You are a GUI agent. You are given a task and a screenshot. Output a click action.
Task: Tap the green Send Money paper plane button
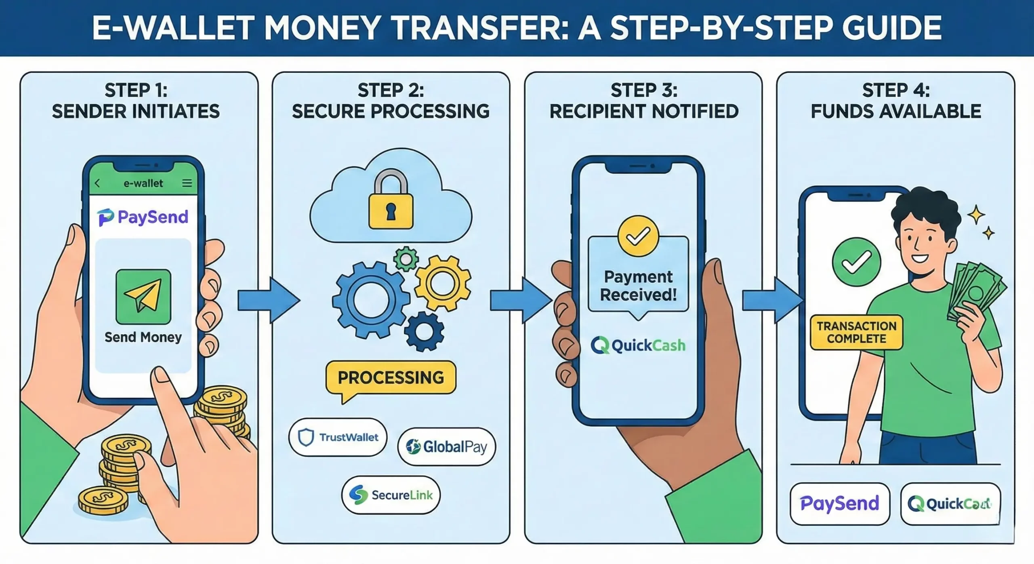point(143,297)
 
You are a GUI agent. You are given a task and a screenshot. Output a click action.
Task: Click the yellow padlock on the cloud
point(391,204)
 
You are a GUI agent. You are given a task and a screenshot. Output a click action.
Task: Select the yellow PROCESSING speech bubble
point(391,378)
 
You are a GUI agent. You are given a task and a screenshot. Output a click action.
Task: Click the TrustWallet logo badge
point(338,437)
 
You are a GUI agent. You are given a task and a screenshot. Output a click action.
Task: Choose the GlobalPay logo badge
point(446,447)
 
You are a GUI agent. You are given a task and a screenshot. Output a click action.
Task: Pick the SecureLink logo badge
point(391,495)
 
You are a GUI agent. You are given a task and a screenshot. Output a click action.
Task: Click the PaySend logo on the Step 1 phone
point(143,217)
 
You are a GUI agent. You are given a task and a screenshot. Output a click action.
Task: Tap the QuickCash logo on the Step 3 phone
point(638,345)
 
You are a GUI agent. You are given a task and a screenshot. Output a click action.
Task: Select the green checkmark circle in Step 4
point(856,263)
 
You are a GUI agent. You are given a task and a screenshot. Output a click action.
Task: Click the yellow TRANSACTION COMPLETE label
point(856,332)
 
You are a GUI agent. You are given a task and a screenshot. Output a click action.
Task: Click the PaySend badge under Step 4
point(840,504)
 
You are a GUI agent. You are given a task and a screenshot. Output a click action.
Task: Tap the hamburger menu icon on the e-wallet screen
point(187,183)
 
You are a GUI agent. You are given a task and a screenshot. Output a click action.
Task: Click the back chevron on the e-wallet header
point(97,183)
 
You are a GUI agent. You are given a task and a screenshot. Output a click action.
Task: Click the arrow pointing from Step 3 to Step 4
point(771,301)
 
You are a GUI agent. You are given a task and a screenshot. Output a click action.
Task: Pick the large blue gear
point(371,300)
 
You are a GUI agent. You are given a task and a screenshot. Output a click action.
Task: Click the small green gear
point(406,259)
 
